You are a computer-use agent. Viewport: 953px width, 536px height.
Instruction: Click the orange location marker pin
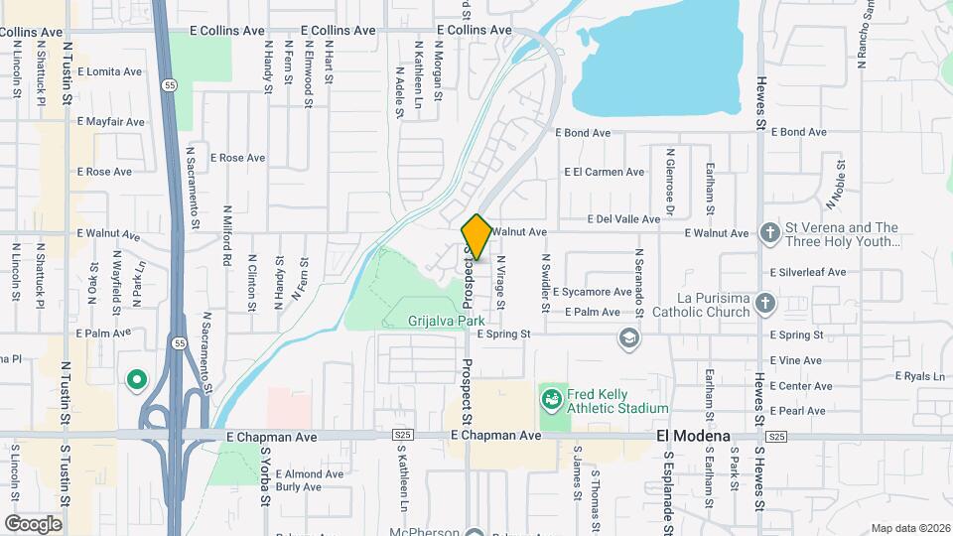click(476, 237)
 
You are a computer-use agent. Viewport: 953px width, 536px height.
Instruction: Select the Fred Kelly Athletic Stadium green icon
click(550, 400)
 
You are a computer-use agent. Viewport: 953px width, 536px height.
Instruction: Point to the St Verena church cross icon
click(769, 233)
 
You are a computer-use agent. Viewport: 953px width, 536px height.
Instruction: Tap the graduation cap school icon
click(627, 339)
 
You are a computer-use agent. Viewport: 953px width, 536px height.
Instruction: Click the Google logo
click(33, 523)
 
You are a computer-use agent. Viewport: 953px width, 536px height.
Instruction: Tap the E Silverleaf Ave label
click(808, 272)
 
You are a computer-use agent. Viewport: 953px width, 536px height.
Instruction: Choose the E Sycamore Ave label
click(593, 293)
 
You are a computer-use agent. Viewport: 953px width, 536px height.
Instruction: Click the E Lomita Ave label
click(109, 71)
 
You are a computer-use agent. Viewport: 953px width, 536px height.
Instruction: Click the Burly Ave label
click(298, 487)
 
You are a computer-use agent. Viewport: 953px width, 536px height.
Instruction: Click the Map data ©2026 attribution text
click(908, 528)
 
